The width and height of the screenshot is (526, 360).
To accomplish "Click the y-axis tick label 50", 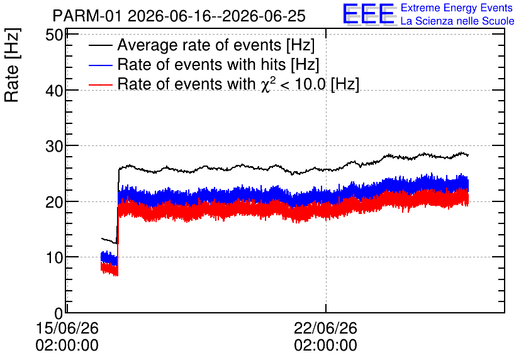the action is click(54, 35).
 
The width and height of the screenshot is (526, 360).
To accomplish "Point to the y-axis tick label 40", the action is click(54, 91).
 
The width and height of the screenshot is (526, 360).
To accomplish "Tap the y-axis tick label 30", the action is click(54, 146).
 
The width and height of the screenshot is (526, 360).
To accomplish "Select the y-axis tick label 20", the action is click(54, 202).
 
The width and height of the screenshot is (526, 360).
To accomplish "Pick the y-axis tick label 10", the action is click(54, 257).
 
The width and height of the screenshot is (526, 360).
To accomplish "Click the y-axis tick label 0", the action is click(59, 313).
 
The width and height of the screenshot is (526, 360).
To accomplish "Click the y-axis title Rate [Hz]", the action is click(12, 65).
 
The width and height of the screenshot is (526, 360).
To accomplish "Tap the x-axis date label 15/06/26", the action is click(67, 328).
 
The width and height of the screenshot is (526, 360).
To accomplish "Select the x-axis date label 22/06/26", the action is click(326, 328).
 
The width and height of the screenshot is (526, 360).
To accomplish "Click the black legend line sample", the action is click(100, 45).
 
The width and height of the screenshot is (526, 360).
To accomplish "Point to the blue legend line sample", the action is click(100, 65).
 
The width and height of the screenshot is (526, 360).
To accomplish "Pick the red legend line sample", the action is click(100, 84).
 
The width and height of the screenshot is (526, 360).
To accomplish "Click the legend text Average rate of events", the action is click(199, 45).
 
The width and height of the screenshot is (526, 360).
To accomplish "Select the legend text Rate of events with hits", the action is click(201, 64).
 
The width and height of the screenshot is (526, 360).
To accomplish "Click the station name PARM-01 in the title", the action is click(87, 16).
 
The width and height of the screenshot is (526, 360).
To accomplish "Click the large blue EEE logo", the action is click(369, 14).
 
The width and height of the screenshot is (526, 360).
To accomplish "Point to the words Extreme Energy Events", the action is click(457, 8).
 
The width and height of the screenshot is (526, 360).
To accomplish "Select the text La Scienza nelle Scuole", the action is click(457, 21).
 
